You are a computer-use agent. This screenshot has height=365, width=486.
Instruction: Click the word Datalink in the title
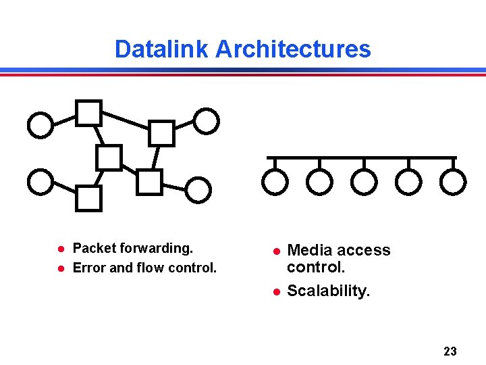tap(162, 49)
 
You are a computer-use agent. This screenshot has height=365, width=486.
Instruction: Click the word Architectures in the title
tap(293, 49)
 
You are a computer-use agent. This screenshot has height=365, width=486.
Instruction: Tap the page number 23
tap(450, 351)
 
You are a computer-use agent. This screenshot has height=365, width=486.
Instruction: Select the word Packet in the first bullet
tap(94, 249)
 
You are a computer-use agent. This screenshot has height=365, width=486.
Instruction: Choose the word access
tap(362, 251)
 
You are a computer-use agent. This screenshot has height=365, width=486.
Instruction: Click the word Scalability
tap(328, 291)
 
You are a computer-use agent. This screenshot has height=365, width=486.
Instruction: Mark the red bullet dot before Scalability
tap(275, 292)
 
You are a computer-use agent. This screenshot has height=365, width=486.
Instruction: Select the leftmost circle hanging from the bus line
tap(275, 181)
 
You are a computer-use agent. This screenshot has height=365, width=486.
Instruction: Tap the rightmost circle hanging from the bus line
tap(453, 181)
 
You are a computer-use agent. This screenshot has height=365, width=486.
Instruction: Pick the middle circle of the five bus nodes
tap(364, 181)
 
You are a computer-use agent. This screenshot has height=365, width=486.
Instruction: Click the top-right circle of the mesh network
tap(207, 122)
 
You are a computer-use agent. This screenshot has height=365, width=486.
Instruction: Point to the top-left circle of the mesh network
tap(40, 125)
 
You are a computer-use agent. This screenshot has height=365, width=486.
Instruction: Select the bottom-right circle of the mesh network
tap(198, 190)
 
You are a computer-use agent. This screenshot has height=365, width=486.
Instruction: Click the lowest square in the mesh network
tap(88, 199)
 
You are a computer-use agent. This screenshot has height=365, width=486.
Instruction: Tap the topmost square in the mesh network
tap(88, 113)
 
